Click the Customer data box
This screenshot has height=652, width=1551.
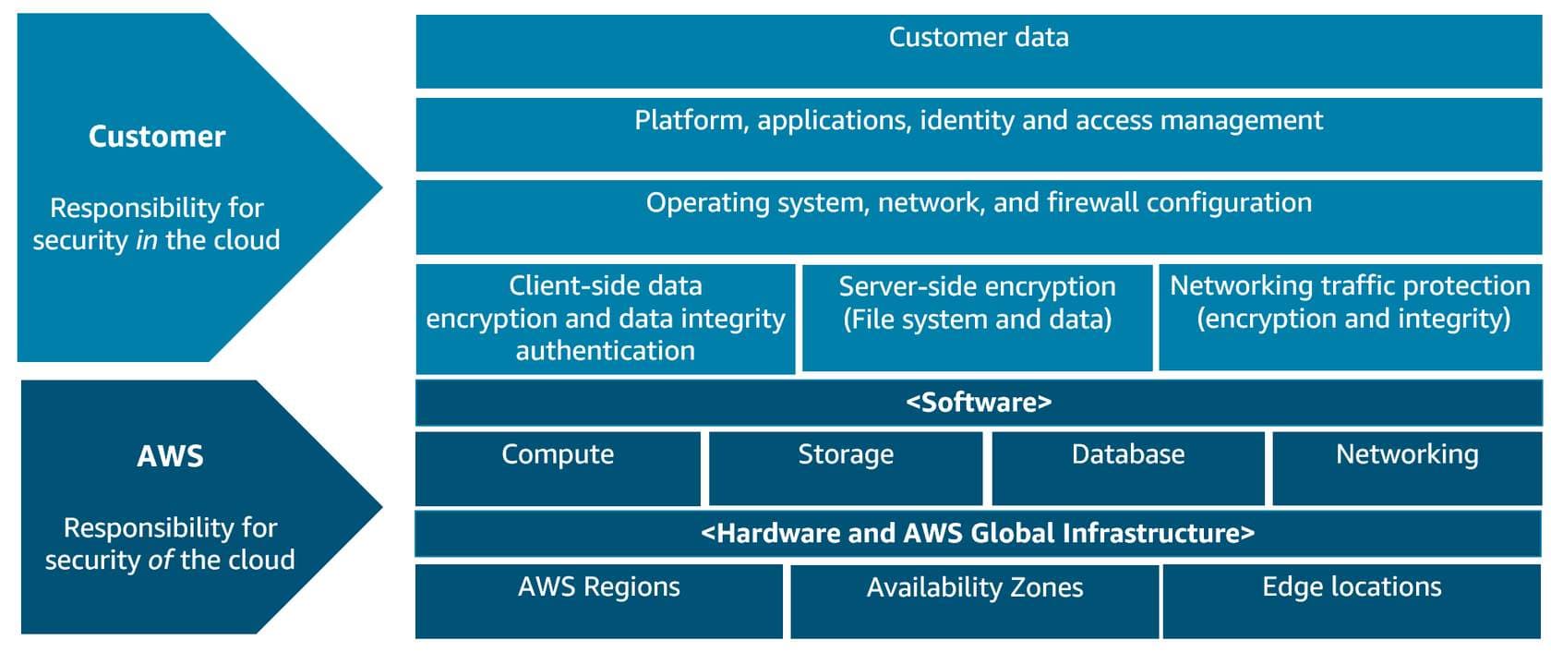click(979, 52)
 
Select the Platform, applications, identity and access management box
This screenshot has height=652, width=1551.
click(979, 135)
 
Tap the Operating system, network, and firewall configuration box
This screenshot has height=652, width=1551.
click(979, 218)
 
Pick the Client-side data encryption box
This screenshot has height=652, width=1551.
click(606, 319)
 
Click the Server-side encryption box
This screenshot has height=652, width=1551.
click(977, 318)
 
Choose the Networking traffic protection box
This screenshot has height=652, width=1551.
click(1350, 318)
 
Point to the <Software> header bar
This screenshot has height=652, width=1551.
click(979, 403)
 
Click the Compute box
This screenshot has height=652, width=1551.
click(558, 469)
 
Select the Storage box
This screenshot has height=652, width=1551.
click(846, 469)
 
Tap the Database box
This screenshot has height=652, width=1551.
click(1128, 469)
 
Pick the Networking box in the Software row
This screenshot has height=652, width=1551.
click(1407, 469)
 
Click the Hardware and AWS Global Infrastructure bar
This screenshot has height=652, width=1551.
click(978, 534)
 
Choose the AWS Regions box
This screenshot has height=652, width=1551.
click(599, 601)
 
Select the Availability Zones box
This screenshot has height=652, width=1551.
click(974, 601)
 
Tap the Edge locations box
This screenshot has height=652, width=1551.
click(1352, 601)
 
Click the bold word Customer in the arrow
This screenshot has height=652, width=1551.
click(157, 137)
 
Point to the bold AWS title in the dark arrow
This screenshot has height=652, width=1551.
click(170, 456)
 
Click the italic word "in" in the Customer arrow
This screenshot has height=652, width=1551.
click(147, 240)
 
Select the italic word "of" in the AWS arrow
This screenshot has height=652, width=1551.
click(162, 559)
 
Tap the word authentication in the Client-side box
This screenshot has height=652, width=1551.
click(606, 351)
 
